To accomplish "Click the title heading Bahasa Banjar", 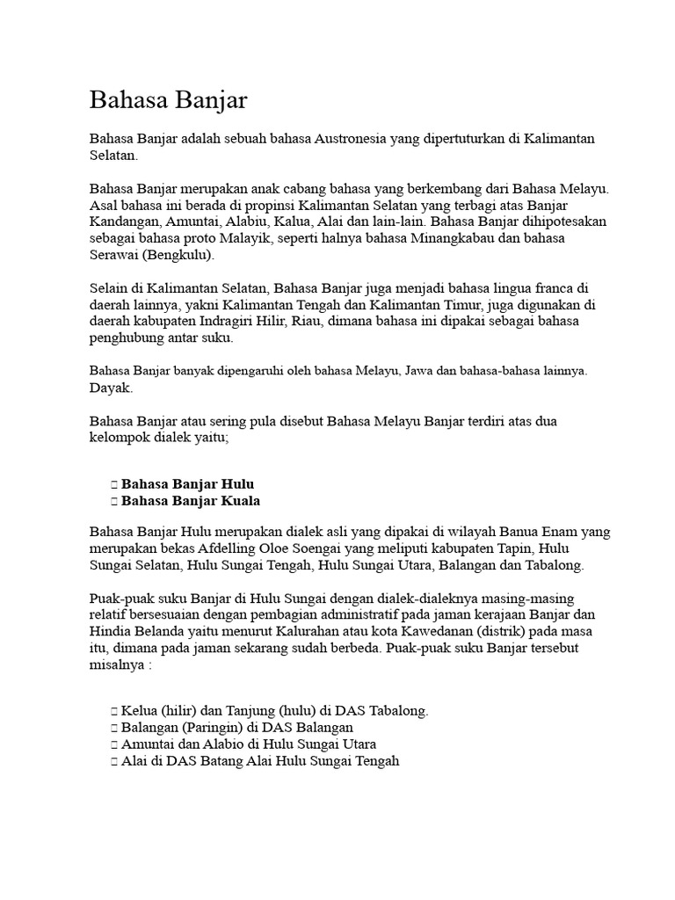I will click(x=169, y=100).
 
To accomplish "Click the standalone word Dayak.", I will click(x=111, y=387).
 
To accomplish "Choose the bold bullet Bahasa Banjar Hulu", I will click(x=188, y=484).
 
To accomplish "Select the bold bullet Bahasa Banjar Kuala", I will click(x=191, y=501).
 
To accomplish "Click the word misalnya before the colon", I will click(x=119, y=665).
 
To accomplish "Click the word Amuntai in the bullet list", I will click(x=147, y=744).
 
